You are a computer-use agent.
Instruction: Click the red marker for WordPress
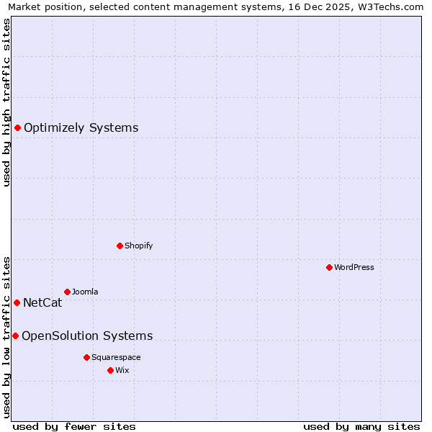click(329, 267)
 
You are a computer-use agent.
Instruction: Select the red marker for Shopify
click(120, 246)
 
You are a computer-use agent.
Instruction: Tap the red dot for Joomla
click(67, 292)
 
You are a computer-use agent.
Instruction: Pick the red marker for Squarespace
click(86, 357)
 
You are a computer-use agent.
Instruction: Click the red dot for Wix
click(110, 370)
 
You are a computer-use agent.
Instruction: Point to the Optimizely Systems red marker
click(17, 127)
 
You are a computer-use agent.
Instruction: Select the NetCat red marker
click(17, 302)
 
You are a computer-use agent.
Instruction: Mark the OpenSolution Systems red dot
click(15, 336)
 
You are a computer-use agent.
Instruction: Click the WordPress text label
click(354, 267)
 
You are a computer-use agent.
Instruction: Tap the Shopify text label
click(139, 246)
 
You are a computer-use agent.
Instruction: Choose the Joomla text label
click(85, 292)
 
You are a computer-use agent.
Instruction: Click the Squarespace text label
click(116, 357)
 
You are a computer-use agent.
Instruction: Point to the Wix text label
click(122, 370)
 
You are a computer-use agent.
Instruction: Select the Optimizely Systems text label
click(81, 128)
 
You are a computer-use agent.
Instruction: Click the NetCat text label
click(42, 303)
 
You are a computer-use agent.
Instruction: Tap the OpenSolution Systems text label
click(87, 336)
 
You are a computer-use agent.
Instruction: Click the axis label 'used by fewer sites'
click(74, 426)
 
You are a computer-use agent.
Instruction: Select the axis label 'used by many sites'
click(361, 426)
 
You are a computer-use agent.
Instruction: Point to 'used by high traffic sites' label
click(6, 102)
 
